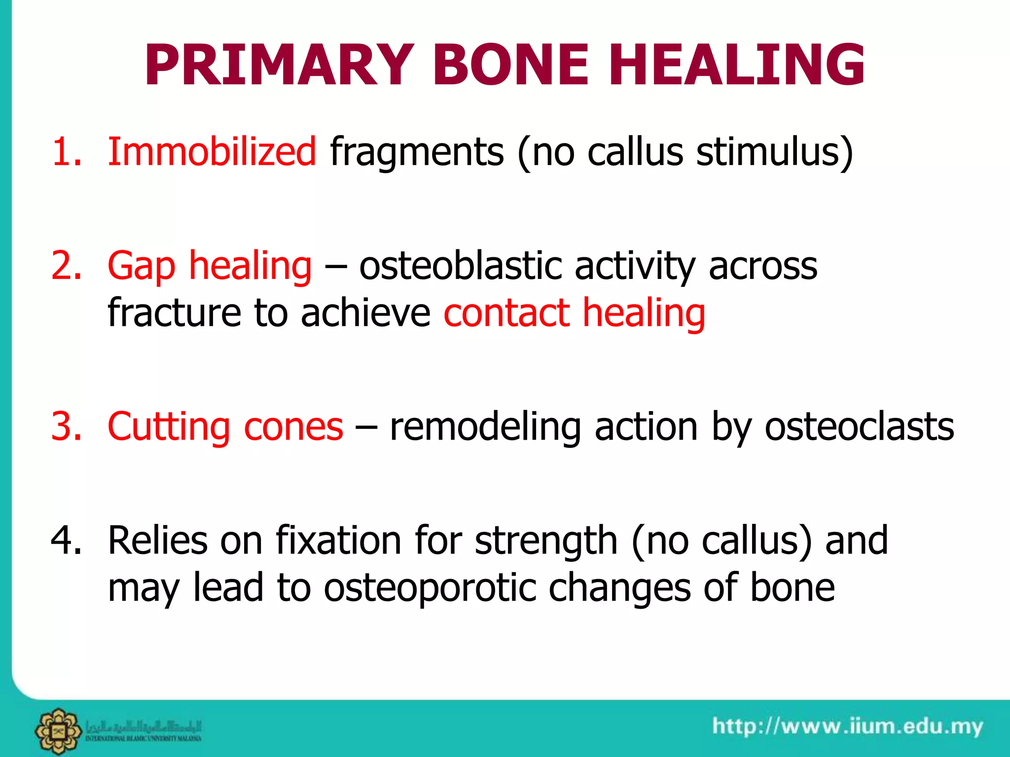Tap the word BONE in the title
point(510,66)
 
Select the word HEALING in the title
point(736,66)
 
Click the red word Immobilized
point(212,152)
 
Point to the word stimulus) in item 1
point(774,153)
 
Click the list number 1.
point(66,152)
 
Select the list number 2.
point(66,266)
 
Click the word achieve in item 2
point(365,313)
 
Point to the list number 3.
point(66,427)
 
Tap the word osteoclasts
point(859,427)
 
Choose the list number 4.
point(66,541)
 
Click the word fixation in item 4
point(338,541)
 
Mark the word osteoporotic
point(430,587)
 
